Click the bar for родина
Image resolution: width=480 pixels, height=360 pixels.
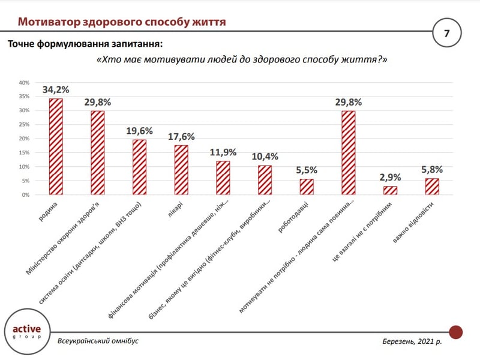[x=56, y=147]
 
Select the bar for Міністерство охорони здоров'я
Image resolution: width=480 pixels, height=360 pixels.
[x=97, y=153]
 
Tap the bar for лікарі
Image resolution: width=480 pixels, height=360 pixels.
[x=181, y=170]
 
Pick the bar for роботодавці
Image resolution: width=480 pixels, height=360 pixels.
[x=306, y=187]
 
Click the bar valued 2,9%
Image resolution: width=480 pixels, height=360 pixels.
[x=390, y=191]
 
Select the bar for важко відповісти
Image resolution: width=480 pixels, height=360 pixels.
[x=431, y=187]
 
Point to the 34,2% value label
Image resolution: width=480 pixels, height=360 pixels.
[x=56, y=90]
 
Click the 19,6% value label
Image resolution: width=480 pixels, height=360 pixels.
[x=139, y=131]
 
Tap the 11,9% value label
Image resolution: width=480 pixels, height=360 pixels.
[x=223, y=152]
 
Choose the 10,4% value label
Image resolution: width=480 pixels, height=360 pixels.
[x=265, y=157]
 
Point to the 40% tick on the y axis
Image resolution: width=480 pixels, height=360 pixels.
[x=24, y=83]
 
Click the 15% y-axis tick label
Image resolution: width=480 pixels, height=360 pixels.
[x=24, y=152]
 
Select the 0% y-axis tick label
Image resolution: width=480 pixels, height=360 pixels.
[x=26, y=195]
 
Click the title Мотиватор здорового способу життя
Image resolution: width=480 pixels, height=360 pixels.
[x=121, y=23]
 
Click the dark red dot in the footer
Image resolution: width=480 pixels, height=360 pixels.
[x=455, y=331]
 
